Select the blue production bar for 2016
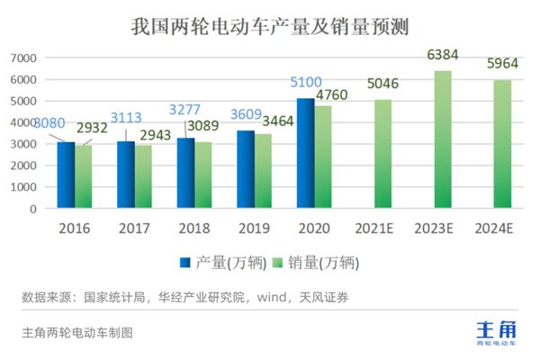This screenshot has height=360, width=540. point(66,175)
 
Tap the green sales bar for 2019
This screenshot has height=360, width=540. point(263,171)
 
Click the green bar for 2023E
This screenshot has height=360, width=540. point(442,139)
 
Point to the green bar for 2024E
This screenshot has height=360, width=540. point(501,144)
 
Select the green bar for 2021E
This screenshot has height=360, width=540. point(382,154)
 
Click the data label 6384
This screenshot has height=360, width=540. point(442,56)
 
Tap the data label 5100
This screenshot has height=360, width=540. point(307,84)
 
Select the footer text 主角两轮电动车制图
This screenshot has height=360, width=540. point(76,332)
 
